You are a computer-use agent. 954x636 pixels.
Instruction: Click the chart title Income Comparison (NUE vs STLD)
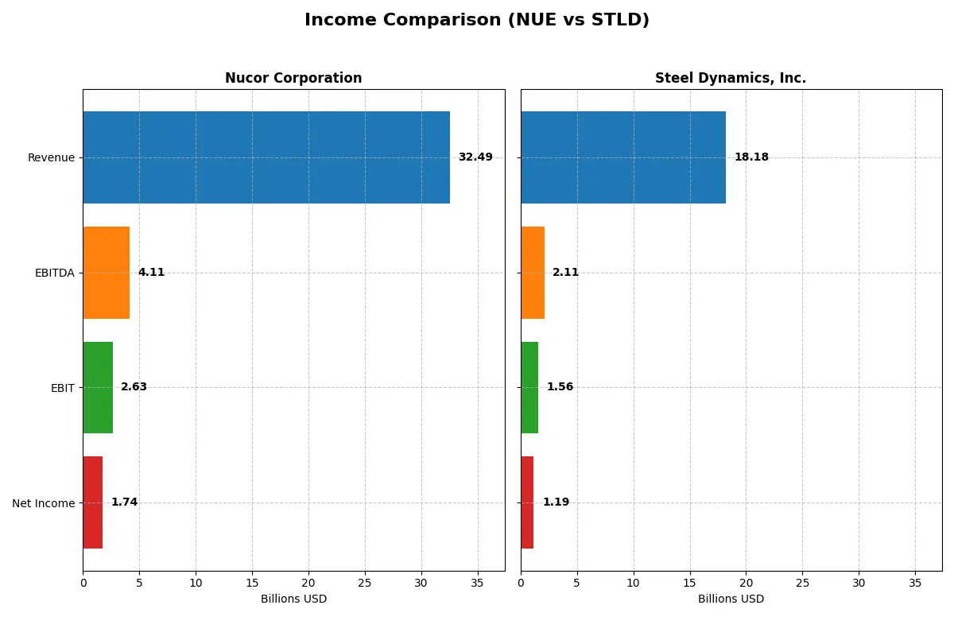(477, 21)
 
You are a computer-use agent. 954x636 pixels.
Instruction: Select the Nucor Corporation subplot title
(293, 78)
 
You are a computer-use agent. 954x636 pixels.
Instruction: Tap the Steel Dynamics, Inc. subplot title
(731, 78)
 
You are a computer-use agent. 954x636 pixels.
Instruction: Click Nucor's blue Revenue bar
(266, 157)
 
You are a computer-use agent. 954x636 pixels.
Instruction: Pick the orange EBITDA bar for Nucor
(106, 273)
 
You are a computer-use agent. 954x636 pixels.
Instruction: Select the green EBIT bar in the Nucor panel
(98, 387)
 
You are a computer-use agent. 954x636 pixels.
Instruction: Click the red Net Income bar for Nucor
(92, 502)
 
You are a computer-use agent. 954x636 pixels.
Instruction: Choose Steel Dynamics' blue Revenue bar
(623, 157)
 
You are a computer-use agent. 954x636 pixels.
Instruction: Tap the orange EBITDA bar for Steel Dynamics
(533, 273)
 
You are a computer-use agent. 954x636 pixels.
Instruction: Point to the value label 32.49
(475, 157)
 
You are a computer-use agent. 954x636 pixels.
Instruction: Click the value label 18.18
(751, 157)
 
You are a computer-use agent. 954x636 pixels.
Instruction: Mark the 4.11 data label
(151, 273)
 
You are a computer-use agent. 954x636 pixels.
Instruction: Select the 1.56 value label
(560, 387)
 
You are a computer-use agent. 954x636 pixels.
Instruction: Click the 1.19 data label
(556, 502)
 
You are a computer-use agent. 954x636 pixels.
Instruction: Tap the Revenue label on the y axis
(51, 158)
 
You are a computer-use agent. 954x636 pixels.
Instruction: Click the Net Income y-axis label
(44, 503)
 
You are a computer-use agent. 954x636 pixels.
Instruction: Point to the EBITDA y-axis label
(55, 273)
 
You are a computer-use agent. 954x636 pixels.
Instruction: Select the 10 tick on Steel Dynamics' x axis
(634, 583)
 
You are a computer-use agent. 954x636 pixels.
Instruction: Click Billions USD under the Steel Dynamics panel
(731, 599)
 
